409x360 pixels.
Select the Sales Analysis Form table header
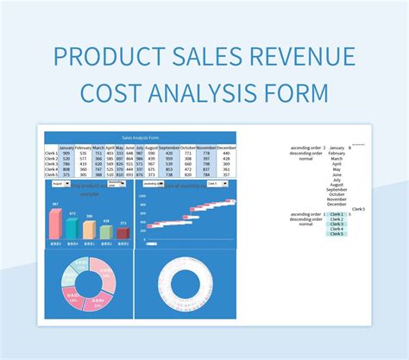pos(141,137)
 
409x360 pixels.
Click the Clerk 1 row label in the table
pos(51,152)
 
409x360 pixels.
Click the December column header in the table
pos(227,147)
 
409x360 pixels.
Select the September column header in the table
pos(169,147)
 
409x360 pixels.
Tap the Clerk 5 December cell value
pos(227,174)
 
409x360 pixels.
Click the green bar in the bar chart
pos(105,231)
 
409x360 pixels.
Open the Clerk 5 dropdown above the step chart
pos(220,184)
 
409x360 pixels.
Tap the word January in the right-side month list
pos(337,148)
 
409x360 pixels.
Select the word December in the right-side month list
pos(337,204)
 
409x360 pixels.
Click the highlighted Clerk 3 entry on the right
pos(336,224)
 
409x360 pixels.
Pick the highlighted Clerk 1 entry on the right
pos(336,213)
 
